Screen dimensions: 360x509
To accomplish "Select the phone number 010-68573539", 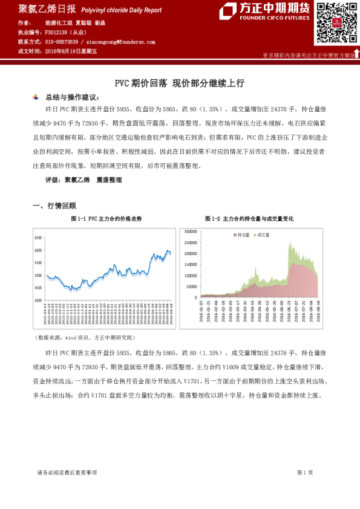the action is pos(61,42).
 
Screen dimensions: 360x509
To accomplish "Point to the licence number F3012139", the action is pos(59,31).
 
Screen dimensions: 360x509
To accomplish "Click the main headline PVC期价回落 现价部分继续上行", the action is pos(179,83).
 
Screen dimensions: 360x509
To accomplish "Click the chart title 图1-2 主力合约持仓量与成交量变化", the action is pos(250,218).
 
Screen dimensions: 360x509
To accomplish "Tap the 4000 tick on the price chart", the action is pos(38,300).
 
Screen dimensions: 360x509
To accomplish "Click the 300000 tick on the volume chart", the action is pos(191,231).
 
